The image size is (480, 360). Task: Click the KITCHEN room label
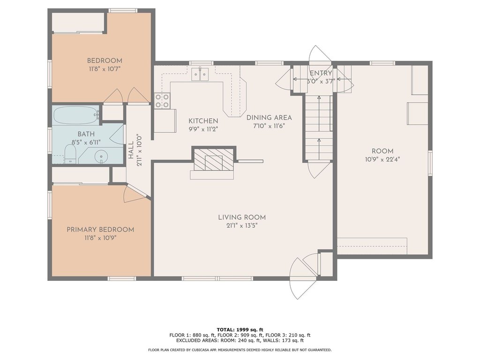tap(203, 121)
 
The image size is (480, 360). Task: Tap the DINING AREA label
tap(269, 117)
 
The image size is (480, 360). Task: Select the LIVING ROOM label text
tap(242, 217)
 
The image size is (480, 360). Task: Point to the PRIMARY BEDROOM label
tap(100, 230)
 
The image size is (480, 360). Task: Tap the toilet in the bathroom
tap(70, 154)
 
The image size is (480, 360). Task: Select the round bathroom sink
tap(101, 157)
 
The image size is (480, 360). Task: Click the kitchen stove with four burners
tap(162, 101)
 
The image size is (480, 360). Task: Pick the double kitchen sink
tap(200, 75)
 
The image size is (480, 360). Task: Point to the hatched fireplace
tap(214, 159)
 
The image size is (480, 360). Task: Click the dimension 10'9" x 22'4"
tap(382, 159)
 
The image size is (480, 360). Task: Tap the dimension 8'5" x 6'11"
tap(86, 142)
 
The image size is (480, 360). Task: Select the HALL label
tap(131, 150)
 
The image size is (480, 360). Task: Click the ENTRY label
tap(321, 73)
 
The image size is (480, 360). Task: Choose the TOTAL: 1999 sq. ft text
tap(240, 330)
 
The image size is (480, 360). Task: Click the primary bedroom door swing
tap(135, 194)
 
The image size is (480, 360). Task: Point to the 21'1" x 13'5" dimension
tap(242, 226)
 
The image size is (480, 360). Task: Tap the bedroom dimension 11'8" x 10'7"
tap(105, 69)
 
